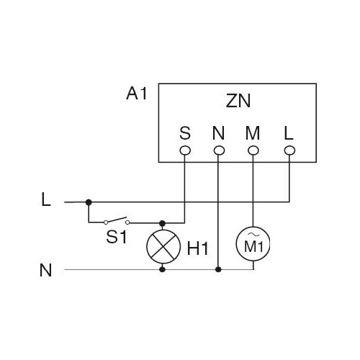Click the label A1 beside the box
(x=136, y=93)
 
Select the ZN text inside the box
(x=238, y=101)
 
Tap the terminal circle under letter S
(x=185, y=150)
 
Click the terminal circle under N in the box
(x=219, y=150)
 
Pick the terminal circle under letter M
(x=253, y=150)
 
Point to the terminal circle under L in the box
(x=289, y=150)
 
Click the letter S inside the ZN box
(x=185, y=133)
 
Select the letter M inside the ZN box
(x=253, y=133)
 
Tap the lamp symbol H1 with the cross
(x=163, y=247)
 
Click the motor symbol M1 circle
(x=253, y=244)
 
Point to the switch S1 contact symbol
(x=117, y=221)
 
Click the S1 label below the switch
(x=117, y=237)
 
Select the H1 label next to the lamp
(x=197, y=248)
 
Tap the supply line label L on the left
(x=46, y=200)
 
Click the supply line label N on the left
(x=45, y=270)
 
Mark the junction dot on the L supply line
(x=89, y=202)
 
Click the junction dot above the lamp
(x=163, y=223)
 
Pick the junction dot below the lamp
(x=163, y=269)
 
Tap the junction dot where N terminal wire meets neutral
(x=218, y=269)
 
